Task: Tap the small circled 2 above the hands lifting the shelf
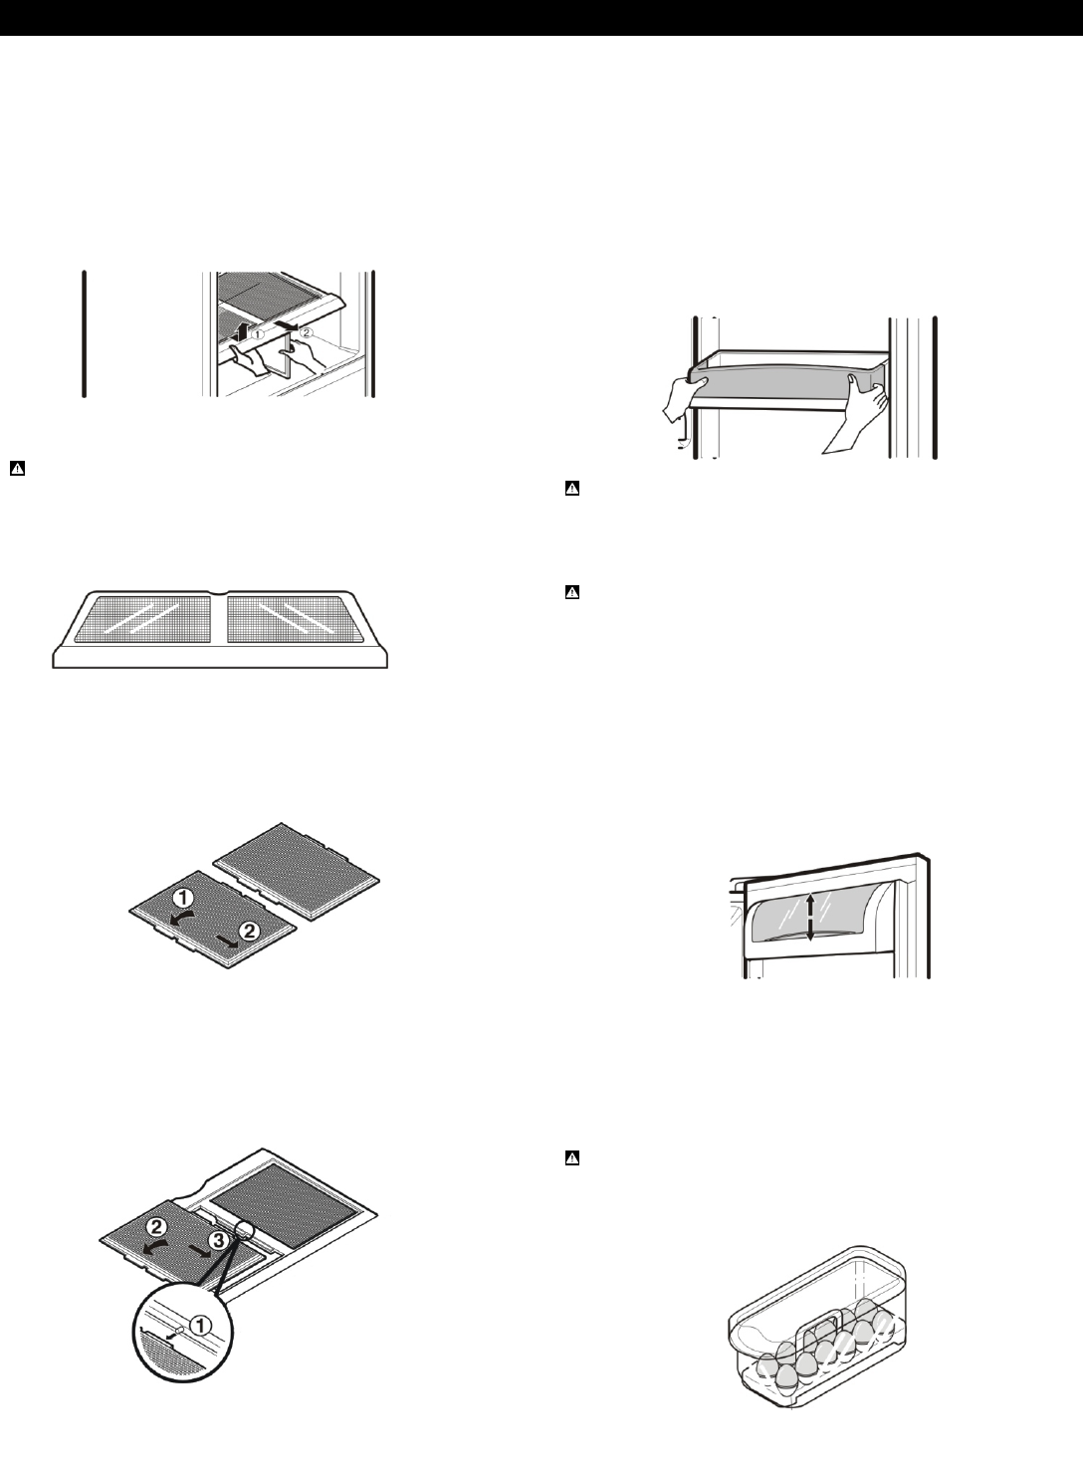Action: pos(306,332)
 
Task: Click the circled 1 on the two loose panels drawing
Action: pos(195,901)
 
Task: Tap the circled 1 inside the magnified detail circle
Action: pos(200,1325)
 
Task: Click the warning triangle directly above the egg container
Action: pos(572,1157)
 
